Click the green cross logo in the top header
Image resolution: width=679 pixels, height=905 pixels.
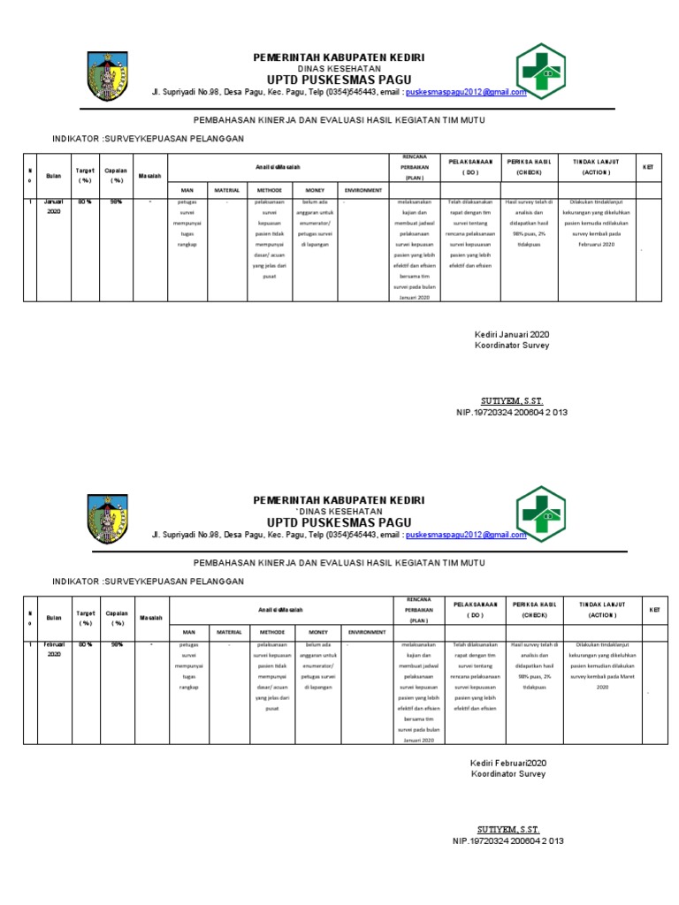click(x=540, y=74)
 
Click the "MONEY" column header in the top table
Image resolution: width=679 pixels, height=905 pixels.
click(x=316, y=190)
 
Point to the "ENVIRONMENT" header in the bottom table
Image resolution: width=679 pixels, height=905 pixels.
click(x=366, y=633)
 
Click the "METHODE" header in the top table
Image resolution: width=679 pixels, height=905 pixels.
click(x=270, y=190)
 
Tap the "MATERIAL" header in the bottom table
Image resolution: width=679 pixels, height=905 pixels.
click(x=228, y=633)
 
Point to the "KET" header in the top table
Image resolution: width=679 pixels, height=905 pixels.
click(x=647, y=166)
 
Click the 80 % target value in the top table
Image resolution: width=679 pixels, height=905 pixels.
click(x=85, y=202)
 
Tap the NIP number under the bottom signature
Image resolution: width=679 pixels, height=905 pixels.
click(x=507, y=841)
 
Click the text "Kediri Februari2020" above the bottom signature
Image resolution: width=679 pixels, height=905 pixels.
click(x=508, y=763)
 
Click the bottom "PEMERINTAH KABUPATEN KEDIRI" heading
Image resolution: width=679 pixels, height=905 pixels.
click(x=339, y=500)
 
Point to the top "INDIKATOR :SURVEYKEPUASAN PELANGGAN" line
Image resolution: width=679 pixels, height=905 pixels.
click(x=148, y=139)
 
